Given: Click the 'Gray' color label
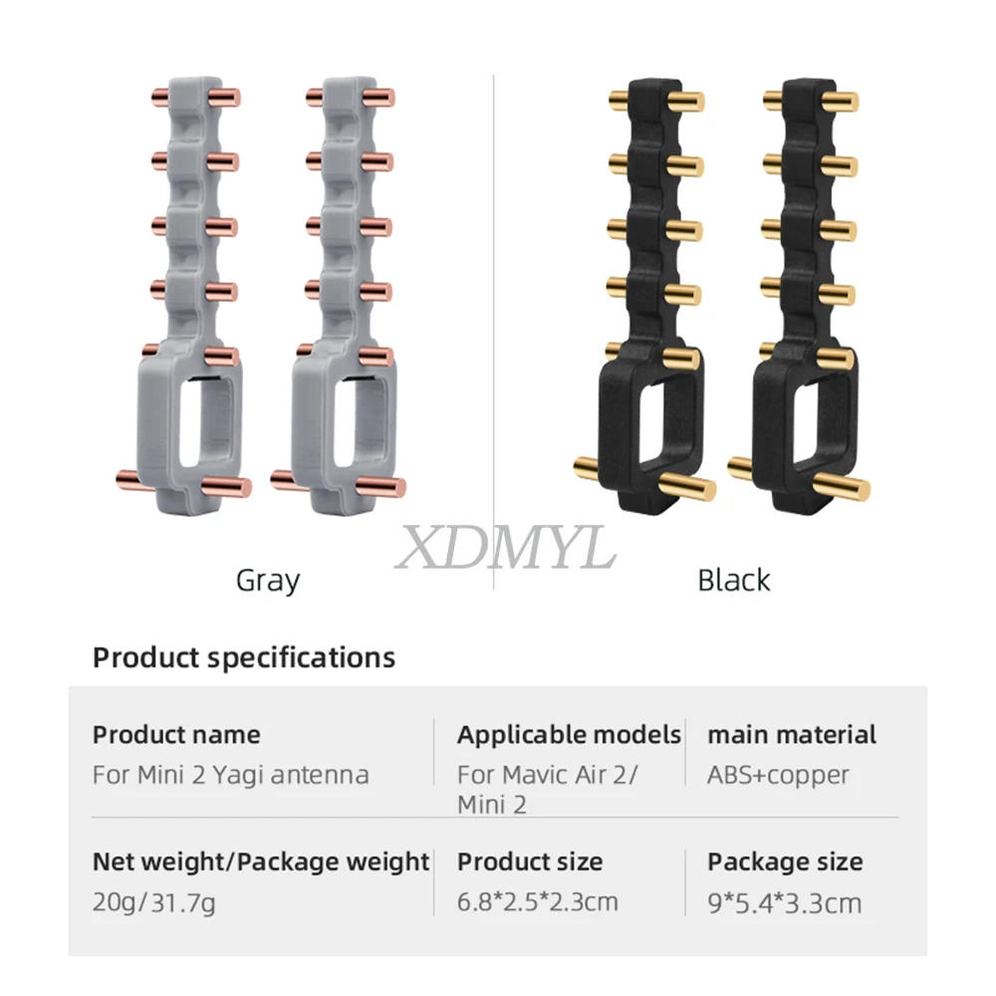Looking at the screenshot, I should click(x=267, y=579).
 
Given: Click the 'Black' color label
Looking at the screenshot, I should click(x=733, y=579).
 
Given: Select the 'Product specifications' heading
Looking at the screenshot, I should click(x=244, y=657).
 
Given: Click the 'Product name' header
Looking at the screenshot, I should click(x=176, y=735).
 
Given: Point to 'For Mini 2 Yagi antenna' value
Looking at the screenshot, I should click(x=230, y=774).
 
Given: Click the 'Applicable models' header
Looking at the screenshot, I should click(x=569, y=735).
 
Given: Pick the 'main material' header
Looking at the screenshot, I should click(x=792, y=735).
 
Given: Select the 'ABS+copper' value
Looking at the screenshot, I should click(x=778, y=774).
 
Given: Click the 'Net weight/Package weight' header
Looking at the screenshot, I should click(x=261, y=862).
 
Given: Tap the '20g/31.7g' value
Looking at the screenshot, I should click(x=154, y=903).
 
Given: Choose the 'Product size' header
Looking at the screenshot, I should click(x=530, y=862).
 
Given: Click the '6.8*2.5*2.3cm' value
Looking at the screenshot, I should click(x=538, y=902).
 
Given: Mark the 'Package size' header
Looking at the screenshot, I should click(x=785, y=862).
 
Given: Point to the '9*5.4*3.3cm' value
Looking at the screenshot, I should click(x=785, y=903).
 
